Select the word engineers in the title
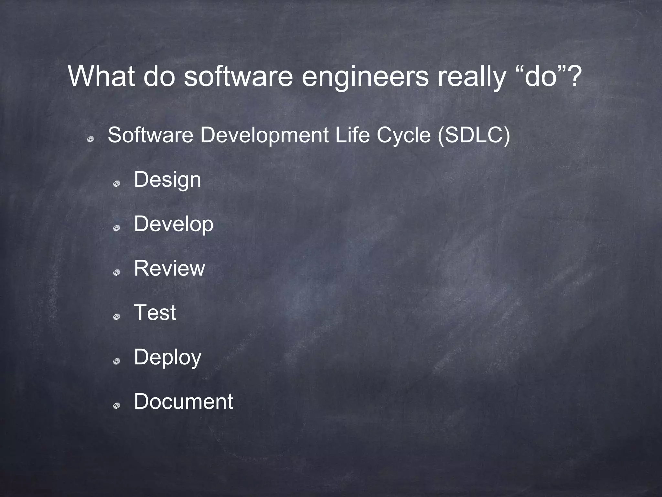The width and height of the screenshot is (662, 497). point(365,76)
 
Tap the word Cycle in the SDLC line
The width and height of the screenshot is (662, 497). point(404,135)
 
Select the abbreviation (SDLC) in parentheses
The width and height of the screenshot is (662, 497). point(474,135)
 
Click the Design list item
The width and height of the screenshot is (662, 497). point(167,180)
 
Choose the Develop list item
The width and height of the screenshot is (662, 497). point(174,224)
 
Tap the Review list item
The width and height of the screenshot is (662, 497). point(169,268)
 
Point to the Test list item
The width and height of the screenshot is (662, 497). point(155,313)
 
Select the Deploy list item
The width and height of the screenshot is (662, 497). point(167,357)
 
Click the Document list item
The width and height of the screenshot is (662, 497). point(183,402)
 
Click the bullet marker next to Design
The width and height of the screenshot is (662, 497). point(117,184)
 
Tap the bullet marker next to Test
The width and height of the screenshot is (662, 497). point(117,317)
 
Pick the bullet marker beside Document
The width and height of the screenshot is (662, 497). point(117,406)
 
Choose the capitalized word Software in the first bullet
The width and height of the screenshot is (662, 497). point(150,135)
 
